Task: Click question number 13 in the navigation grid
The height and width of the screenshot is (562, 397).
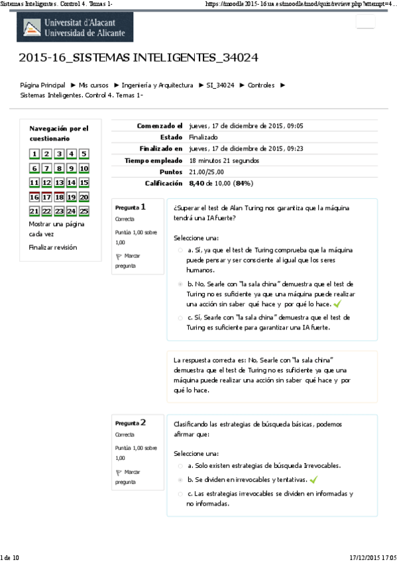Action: pyautogui.click(x=60, y=183)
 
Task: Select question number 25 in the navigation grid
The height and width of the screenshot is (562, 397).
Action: pyautogui.click(x=84, y=211)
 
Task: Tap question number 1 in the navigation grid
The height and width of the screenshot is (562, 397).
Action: pyautogui.click(x=34, y=154)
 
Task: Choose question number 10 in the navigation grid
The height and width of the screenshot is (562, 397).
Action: pyautogui.click(x=84, y=169)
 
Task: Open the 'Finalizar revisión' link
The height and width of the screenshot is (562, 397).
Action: pyautogui.click(x=52, y=247)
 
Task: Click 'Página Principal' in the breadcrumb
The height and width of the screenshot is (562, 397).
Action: pyautogui.click(x=42, y=85)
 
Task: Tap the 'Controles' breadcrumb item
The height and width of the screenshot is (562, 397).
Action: pyautogui.click(x=261, y=85)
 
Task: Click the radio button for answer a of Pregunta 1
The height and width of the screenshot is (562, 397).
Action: pyautogui.click(x=180, y=251)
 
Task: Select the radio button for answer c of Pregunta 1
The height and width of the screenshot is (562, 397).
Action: pyautogui.click(x=180, y=317)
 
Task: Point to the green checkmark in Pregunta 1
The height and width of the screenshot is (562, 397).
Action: pyautogui.click(x=337, y=304)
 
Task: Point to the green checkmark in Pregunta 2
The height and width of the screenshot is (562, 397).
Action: pyautogui.click(x=314, y=479)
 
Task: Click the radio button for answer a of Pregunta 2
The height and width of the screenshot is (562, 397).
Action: pyautogui.click(x=180, y=466)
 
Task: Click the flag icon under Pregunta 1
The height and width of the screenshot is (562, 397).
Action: pyautogui.click(x=119, y=256)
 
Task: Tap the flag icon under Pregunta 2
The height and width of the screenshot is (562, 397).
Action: pyautogui.click(x=119, y=473)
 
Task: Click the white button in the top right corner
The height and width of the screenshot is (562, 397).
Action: pyautogui.click(x=365, y=22)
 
